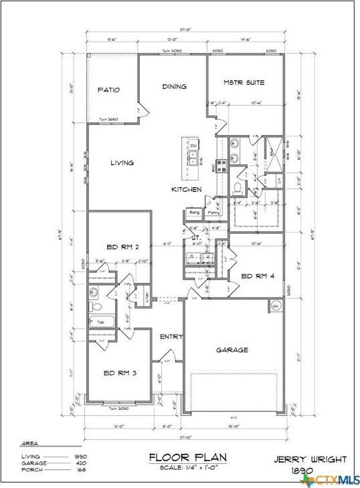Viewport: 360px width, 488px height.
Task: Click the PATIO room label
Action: pos(108,90)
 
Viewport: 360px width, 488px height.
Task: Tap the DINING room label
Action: pos(174,86)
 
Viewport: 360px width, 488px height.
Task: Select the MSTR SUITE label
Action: pos(244,83)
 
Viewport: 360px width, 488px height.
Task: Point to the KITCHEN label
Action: pos(187,190)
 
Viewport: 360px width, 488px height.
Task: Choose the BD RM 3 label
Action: pos(120,373)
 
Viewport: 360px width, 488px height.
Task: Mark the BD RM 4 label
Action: pos(257,275)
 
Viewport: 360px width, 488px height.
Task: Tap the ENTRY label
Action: pos(171,337)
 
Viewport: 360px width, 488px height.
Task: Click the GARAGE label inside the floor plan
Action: pos(232,350)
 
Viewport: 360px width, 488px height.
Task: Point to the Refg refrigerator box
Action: pos(195,213)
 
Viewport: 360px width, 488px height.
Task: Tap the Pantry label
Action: pos(213,213)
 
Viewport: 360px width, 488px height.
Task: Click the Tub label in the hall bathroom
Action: pos(101,322)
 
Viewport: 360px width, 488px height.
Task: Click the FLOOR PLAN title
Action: pos(187,457)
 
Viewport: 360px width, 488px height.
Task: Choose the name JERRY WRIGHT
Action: pos(311,459)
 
